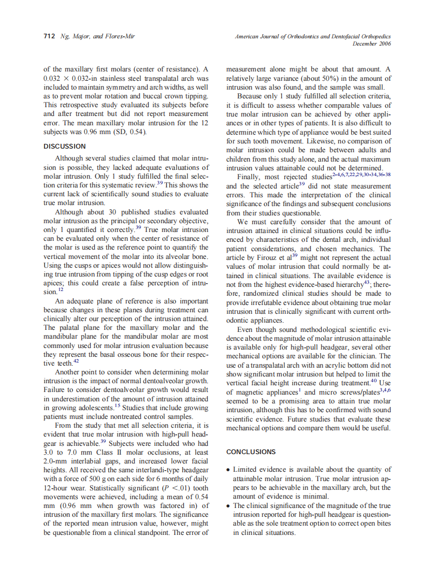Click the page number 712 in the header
(x=49, y=37)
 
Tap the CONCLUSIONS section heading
(x=251, y=452)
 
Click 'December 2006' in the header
(x=371, y=44)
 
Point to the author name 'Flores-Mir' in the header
(x=120, y=37)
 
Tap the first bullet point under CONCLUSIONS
(x=229, y=470)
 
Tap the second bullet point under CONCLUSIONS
(x=229, y=506)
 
